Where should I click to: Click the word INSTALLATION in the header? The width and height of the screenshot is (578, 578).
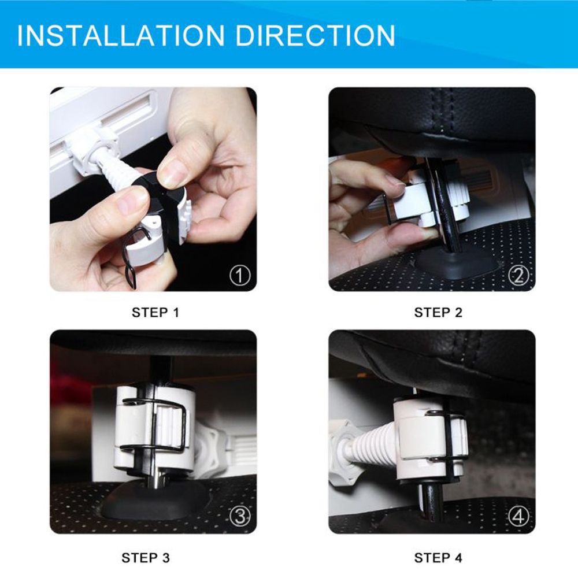121,35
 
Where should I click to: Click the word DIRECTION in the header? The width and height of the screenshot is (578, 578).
315,35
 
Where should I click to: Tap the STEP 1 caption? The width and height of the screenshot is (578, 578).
155,313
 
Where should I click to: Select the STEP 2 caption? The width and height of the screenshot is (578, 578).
438,313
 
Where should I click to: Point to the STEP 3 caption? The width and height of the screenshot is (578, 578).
146,558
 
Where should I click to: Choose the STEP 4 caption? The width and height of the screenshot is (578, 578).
438,558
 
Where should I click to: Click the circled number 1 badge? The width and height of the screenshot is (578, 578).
240,275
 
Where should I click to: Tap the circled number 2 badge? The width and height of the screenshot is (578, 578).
518,275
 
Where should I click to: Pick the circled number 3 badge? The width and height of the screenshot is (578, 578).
240,516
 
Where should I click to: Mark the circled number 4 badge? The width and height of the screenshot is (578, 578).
518,516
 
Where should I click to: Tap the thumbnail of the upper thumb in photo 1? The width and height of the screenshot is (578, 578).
172,174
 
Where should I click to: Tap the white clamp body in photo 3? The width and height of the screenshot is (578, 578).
153,428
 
